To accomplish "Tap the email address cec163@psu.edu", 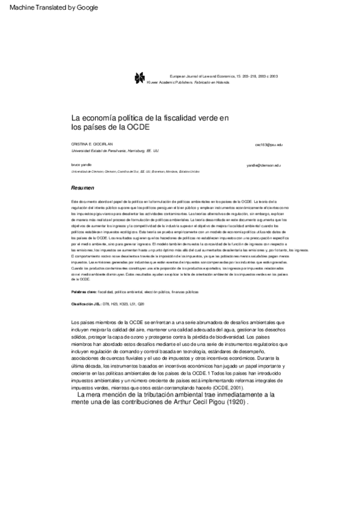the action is (268, 146).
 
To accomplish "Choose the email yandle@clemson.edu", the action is (264, 164).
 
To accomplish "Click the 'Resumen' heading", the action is (82, 188).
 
